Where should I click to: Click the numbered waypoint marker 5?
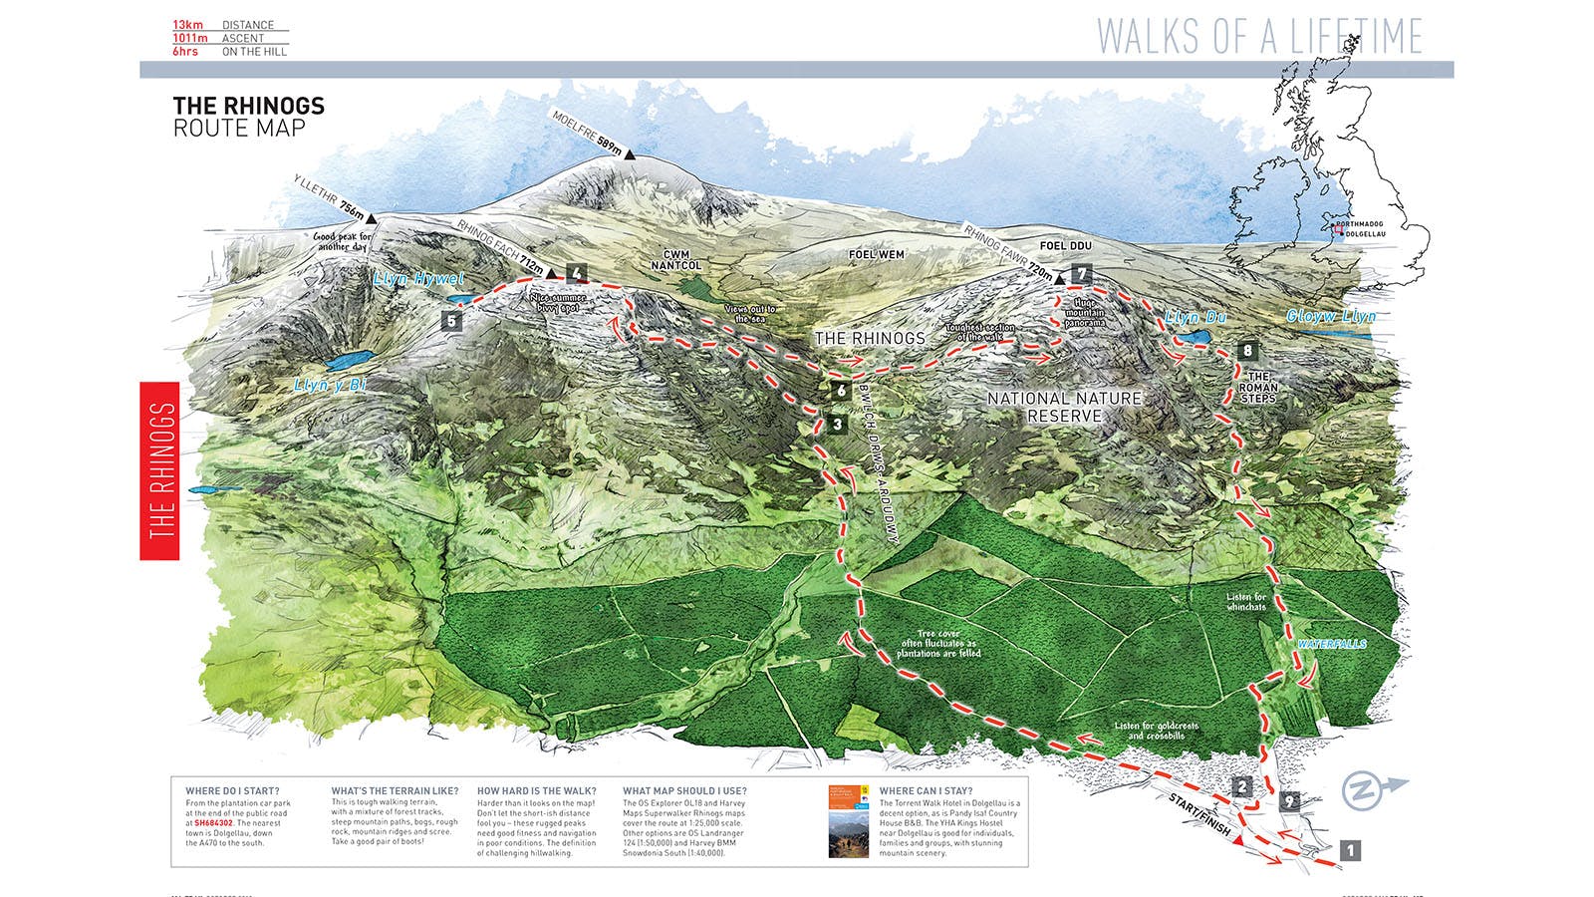point(452,321)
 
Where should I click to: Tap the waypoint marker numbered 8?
point(1247,351)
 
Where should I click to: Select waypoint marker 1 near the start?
point(1350,850)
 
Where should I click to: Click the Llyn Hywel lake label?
point(418,280)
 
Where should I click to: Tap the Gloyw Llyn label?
point(1331,317)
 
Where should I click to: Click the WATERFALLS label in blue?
point(1331,645)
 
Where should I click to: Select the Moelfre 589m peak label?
point(588,132)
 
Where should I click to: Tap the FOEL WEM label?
point(877,255)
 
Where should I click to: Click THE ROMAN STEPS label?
point(1258,388)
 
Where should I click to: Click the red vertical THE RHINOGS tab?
point(159,470)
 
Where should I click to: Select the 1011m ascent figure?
point(190,38)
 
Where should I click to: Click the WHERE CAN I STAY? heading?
point(926,790)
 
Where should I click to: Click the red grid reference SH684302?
point(213,823)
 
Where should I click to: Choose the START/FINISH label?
point(1199,816)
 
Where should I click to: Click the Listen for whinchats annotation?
point(1246,602)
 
